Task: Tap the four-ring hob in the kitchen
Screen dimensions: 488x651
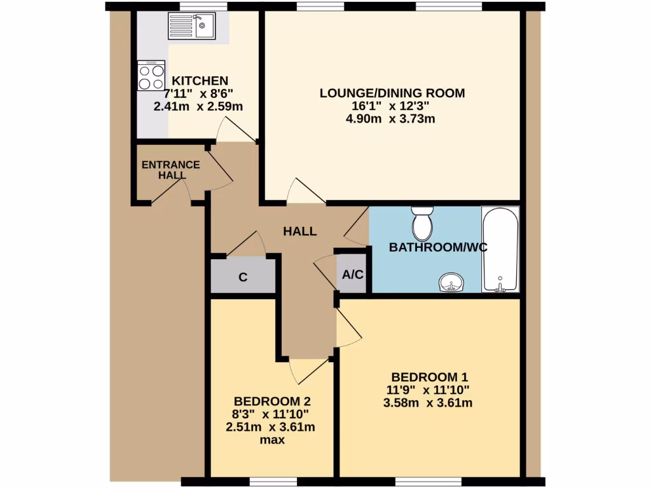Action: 151,76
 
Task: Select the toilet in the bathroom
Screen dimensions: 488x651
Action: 421,223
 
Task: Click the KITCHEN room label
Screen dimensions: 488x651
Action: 200,81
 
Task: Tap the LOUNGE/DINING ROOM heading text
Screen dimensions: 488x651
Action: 392,93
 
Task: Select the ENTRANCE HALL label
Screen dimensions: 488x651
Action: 170,170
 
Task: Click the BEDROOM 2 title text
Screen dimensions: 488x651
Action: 271,402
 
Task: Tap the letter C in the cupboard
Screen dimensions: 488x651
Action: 243,277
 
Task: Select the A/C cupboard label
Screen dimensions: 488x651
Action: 352,275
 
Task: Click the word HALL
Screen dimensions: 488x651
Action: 299,231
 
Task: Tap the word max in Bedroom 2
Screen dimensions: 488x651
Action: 271,440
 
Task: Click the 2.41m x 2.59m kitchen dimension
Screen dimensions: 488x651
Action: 198,107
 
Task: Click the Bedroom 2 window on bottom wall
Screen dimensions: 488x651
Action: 267,481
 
